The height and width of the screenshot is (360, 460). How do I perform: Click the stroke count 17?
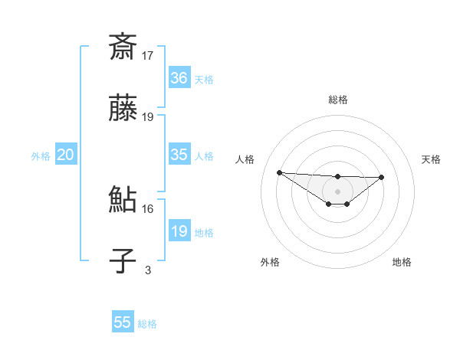148,55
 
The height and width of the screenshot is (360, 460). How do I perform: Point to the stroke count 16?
148,208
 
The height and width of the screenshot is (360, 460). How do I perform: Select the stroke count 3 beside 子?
148,270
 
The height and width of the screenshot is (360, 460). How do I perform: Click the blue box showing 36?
179,78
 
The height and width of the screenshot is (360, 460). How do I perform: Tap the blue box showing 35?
179,155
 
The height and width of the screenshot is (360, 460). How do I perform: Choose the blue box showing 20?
66,155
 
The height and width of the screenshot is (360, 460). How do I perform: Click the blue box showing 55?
123,322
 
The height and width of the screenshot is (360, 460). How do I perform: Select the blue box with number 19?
179,231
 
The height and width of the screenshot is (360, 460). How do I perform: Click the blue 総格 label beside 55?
147,324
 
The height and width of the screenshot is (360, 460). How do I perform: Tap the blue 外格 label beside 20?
41,156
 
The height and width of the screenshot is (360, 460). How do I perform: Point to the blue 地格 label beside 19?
204,233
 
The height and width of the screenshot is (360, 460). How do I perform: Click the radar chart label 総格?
338,100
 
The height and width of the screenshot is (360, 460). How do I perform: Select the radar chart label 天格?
432,159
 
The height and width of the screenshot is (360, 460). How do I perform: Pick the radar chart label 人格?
245,159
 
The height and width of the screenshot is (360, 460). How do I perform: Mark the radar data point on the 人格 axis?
279,172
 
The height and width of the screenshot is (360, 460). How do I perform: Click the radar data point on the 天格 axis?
382,177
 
